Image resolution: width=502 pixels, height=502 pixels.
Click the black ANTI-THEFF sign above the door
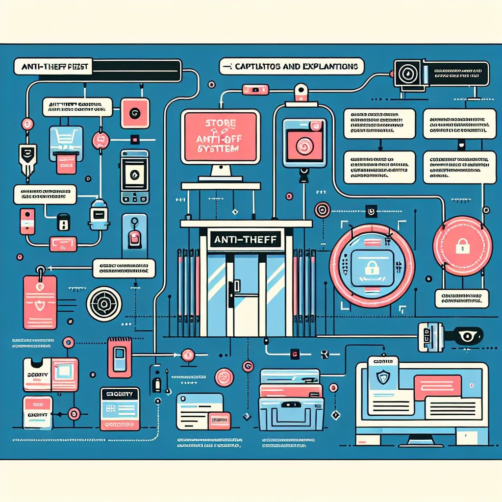(x=246, y=240)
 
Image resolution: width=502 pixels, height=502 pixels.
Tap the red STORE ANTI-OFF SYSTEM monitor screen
(x=221, y=136)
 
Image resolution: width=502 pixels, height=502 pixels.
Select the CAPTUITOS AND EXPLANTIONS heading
(x=293, y=67)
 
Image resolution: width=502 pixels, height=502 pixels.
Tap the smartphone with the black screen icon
(x=134, y=176)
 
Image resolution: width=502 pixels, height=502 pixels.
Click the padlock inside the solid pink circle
(x=462, y=246)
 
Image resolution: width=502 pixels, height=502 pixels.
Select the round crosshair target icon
(x=104, y=304)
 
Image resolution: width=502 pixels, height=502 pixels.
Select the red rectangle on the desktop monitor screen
(x=437, y=384)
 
